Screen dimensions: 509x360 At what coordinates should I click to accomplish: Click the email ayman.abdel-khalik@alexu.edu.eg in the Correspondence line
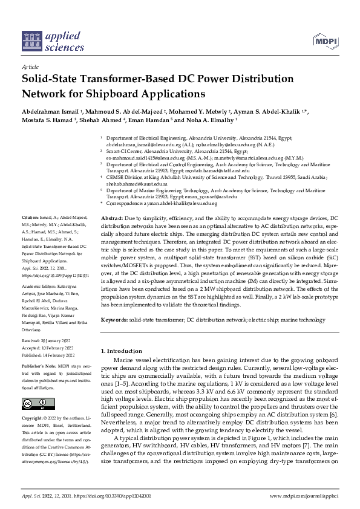pyautogui.click(x=178, y=204)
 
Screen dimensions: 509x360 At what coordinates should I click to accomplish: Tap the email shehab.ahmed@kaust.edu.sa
pyautogui.click(x=134, y=183)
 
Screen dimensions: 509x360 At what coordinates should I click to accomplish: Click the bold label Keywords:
pyautogui.click(x=115, y=319)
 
